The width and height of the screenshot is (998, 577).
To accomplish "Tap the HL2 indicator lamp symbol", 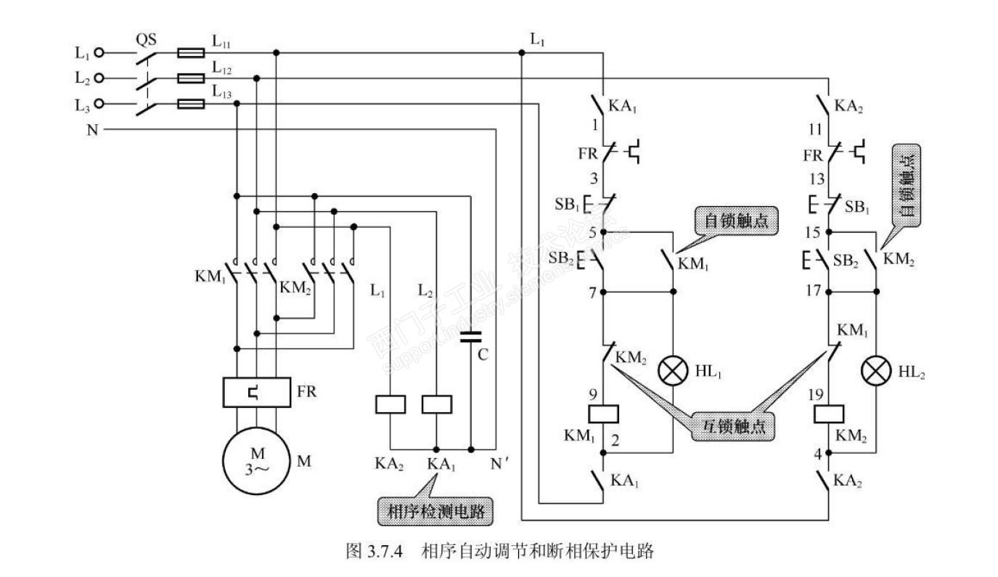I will point(875,372).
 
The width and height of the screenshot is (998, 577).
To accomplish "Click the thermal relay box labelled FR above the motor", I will point(257,392).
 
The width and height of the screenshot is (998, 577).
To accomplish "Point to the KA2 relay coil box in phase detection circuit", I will point(390,404).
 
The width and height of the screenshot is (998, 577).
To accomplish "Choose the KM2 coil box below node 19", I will point(829,414).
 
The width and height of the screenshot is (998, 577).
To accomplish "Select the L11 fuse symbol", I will point(192,52).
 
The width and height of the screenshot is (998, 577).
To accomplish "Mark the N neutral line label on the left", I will point(92,130).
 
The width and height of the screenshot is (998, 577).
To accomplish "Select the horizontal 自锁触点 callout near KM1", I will point(735,221).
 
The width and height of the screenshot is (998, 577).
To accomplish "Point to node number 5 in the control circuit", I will point(593,232).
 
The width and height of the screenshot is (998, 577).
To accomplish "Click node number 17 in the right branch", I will point(813,290).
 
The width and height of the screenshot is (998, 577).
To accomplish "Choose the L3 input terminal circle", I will point(100,104).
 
